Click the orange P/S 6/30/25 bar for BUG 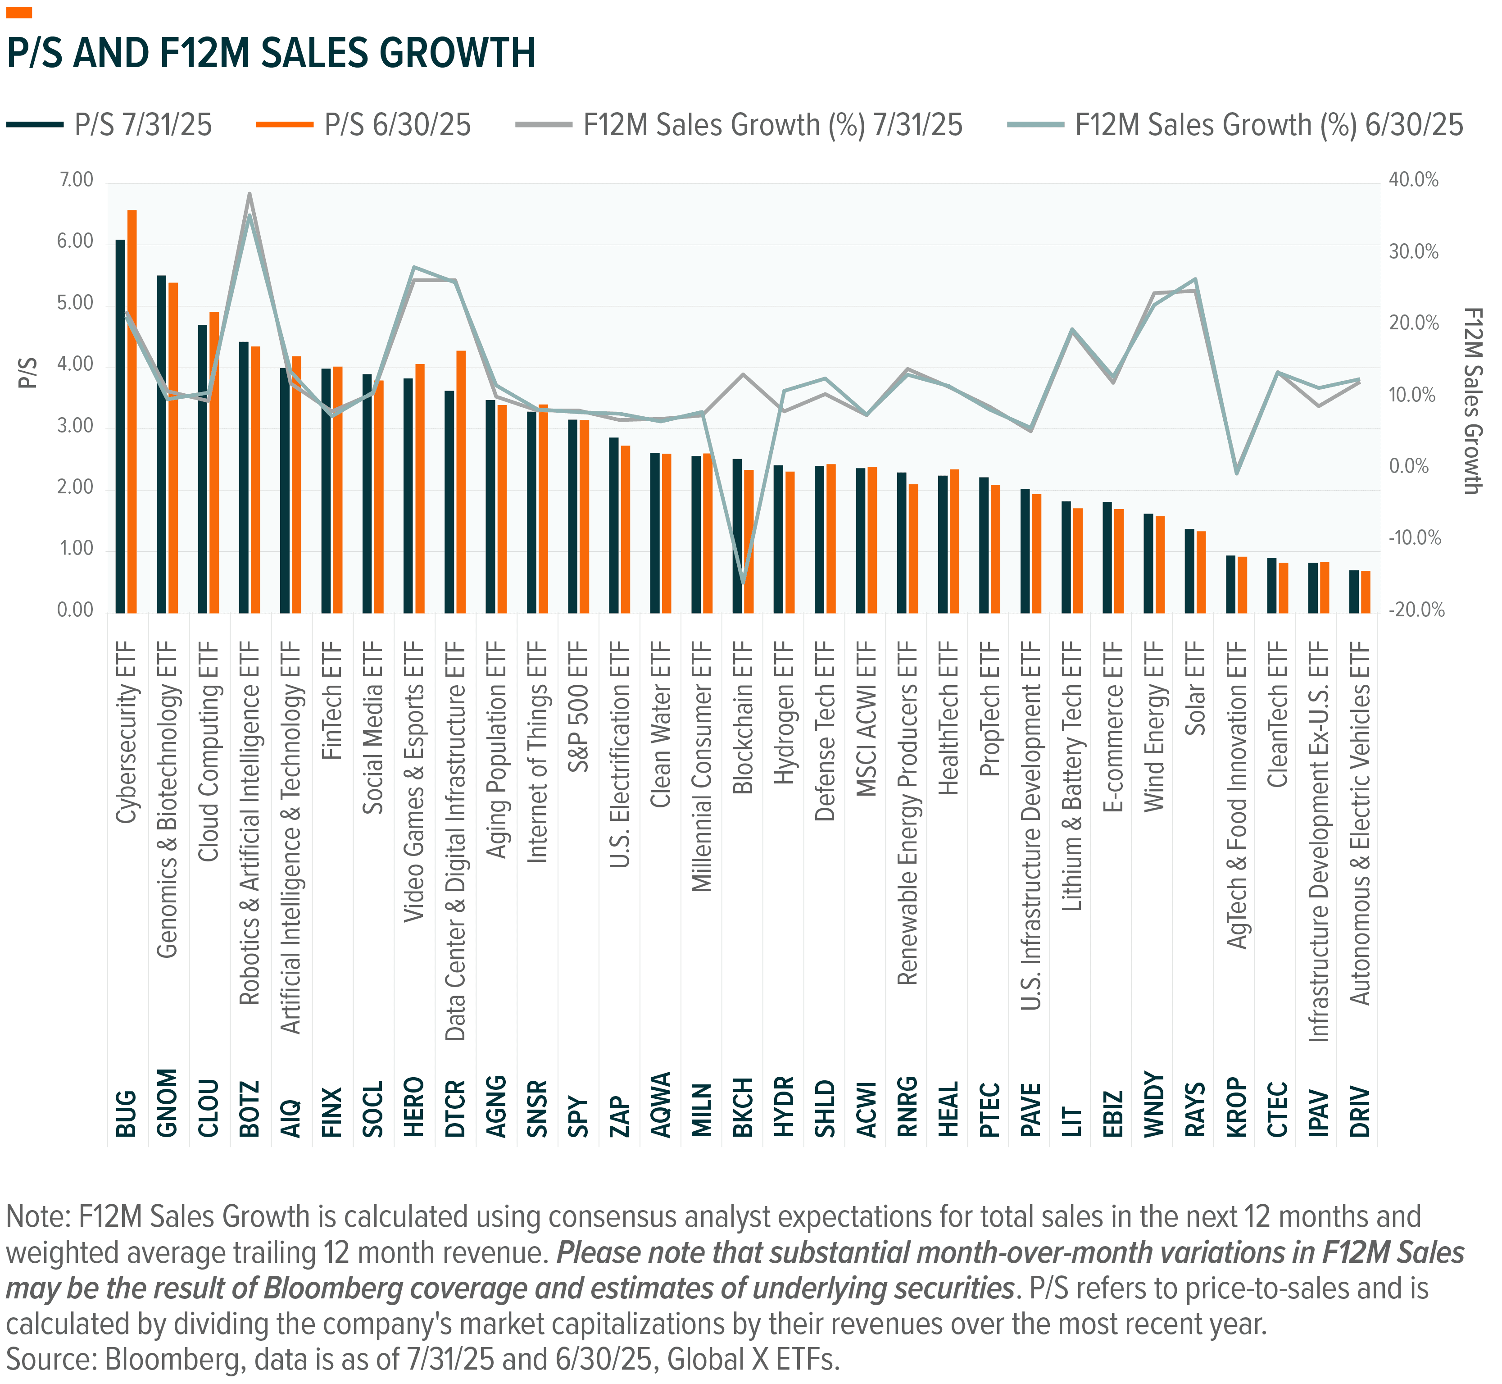(x=132, y=412)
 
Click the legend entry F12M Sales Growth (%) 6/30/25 (x=1235, y=125)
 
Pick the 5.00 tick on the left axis (x=75, y=303)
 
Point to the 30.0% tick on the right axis (x=1414, y=252)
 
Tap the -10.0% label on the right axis (x=1414, y=538)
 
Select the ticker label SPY (x=578, y=1117)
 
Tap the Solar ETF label (x=1196, y=688)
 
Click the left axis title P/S (x=28, y=373)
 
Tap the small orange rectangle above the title (x=19, y=13)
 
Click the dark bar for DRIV (x=1354, y=592)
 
